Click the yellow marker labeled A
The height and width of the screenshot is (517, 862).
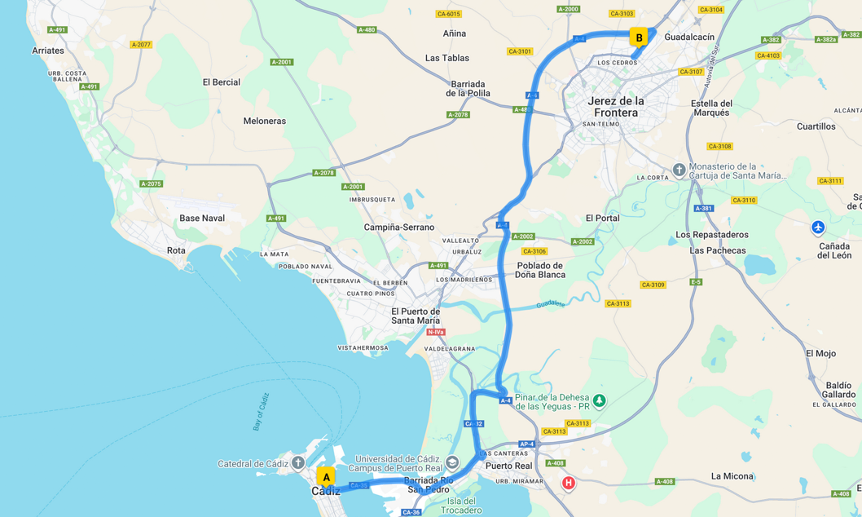click(x=326, y=477)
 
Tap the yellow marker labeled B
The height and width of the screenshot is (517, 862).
click(x=639, y=38)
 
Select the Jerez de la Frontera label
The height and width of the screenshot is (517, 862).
click(x=616, y=106)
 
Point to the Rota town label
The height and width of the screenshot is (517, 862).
click(x=176, y=250)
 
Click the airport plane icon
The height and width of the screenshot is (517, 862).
click(x=818, y=228)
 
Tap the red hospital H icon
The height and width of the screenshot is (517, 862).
click(x=569, y=483)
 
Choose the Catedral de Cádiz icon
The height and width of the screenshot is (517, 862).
click(x=298, y=463)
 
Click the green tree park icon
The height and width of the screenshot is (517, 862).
click(x=600, y=400)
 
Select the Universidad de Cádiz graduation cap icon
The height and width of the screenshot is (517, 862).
click(x=452, y=462)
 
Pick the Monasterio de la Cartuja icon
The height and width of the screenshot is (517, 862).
click(x=679, y=170)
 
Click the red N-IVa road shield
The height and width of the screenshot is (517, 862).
click(x=436, y=332)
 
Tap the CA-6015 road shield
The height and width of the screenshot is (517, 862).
click(x=448, y=14)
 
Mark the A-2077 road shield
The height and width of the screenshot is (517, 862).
click(x=141, y=45)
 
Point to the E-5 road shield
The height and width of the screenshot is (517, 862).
click(x=696, y=282)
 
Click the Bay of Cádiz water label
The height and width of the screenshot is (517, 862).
click(x=261, y=412)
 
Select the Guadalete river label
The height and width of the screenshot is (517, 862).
click(x=551, y=304)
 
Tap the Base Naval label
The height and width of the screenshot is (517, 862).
click(x=202, y=218)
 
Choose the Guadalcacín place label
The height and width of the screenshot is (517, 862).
click(x=689, y=37)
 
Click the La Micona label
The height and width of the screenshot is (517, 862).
click(x=732, y=476)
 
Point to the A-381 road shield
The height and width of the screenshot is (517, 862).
click(x=704, y=208)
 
